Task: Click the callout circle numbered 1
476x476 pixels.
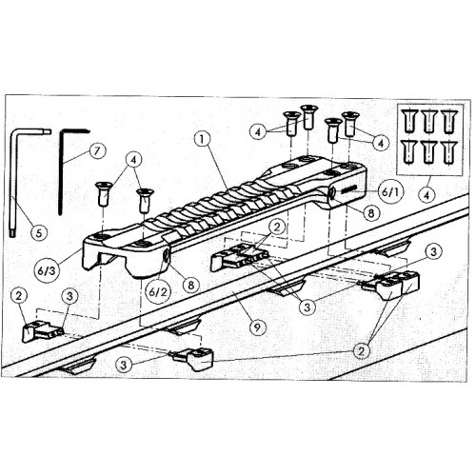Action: [203, 140]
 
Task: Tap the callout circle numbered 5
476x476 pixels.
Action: [39, 233]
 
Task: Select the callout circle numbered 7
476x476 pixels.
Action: [97, 151]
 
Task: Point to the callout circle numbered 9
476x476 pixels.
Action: [258, 327]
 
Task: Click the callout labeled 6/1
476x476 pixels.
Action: [390, 192]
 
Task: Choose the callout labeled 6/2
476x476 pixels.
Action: [158, 292]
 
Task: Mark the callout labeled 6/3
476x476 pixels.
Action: [47, 270]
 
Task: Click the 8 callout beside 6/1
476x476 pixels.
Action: [370, 213]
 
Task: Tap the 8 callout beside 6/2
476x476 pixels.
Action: [191, 285]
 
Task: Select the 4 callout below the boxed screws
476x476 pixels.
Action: [427, 195]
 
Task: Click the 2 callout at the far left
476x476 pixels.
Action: [19, 296]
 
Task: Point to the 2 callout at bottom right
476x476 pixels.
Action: [361, 351]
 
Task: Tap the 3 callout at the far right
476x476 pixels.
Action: [433, 252]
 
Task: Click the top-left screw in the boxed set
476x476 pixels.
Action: [410, 121]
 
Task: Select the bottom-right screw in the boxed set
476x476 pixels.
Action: [448, 153]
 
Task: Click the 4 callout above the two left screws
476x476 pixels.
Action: [134, 160]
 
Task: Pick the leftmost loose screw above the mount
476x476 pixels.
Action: [104, 194]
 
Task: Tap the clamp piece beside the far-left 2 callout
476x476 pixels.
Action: [41, 331]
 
